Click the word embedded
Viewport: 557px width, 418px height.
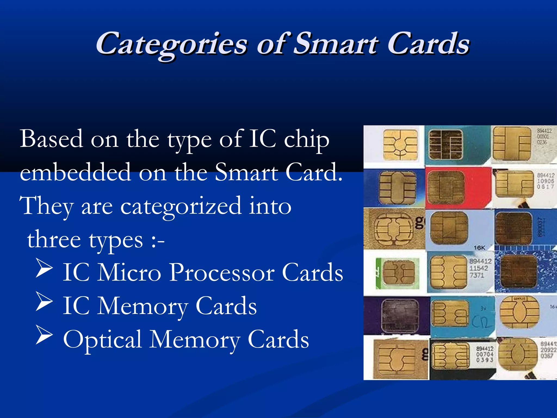click(x=76, y=172)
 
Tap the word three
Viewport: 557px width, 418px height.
click(x=54, y=239)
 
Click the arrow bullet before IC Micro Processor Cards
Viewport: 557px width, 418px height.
click(x=44, y=268)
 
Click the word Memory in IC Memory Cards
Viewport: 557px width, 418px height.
click(x=143, y=306)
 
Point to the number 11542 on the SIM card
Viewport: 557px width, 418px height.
click(x=479, y=268)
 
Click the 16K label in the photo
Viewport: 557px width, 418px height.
click(x=479, y=248)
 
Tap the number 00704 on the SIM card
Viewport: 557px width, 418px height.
click(x=485, y=354)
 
